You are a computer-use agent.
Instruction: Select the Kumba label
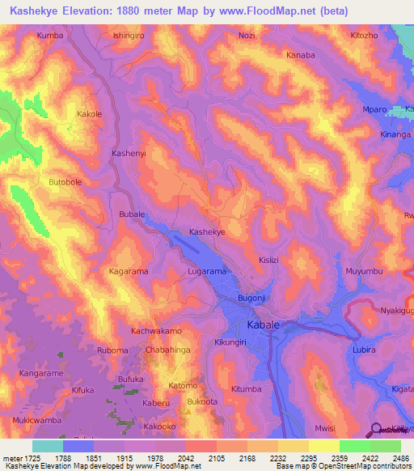50,36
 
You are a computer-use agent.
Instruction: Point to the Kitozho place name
364,36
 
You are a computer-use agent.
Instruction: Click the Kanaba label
300,55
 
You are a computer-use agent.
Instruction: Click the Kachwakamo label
156,332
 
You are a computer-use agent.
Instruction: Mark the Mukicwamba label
36,421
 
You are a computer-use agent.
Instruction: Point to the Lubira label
366,349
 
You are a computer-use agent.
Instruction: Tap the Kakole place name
89,114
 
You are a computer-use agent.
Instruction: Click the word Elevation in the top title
94,11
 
